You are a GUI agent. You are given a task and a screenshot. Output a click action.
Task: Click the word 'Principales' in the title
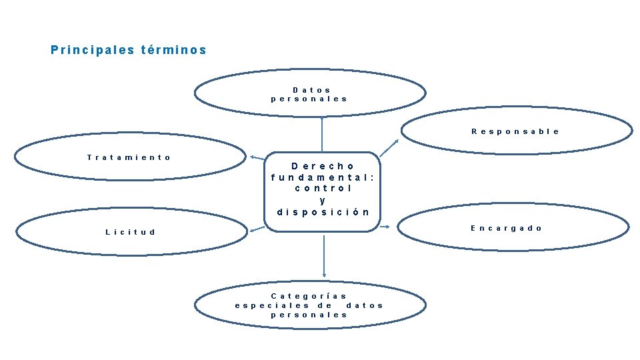(x=93, y=50)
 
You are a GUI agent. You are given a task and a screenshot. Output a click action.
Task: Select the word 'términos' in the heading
(x=174, y=50)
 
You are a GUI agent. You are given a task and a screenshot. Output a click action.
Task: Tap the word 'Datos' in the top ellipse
(x=311, y=89)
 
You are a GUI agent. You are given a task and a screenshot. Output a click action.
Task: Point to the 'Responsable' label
(x=515, y=131)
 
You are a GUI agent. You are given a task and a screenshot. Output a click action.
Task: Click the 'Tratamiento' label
(x=129, y=157)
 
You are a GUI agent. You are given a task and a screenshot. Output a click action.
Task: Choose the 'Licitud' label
(x=131, y=232)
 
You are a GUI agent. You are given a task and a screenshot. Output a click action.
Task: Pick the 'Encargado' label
(x=507, y=228)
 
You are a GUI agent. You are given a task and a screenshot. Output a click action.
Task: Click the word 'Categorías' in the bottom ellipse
(x=309, y=295)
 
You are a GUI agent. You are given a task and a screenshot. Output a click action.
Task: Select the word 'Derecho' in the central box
(x=323, y=166)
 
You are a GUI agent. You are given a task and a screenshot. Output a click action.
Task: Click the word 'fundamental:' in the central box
(x=323, y=177)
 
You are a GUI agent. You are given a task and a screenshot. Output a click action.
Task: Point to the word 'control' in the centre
(x=323, y=189)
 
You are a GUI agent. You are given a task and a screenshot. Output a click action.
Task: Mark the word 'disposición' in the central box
(x=323, y=212)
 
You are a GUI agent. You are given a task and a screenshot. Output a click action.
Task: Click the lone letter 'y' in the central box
(x=323, y=200)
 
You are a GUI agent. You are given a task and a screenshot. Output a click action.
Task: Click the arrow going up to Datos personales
(x=322, y=134)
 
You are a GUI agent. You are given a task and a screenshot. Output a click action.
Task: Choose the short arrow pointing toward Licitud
(x=257, y=229)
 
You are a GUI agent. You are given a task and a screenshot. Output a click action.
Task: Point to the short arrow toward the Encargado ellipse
(x=385, y=227)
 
